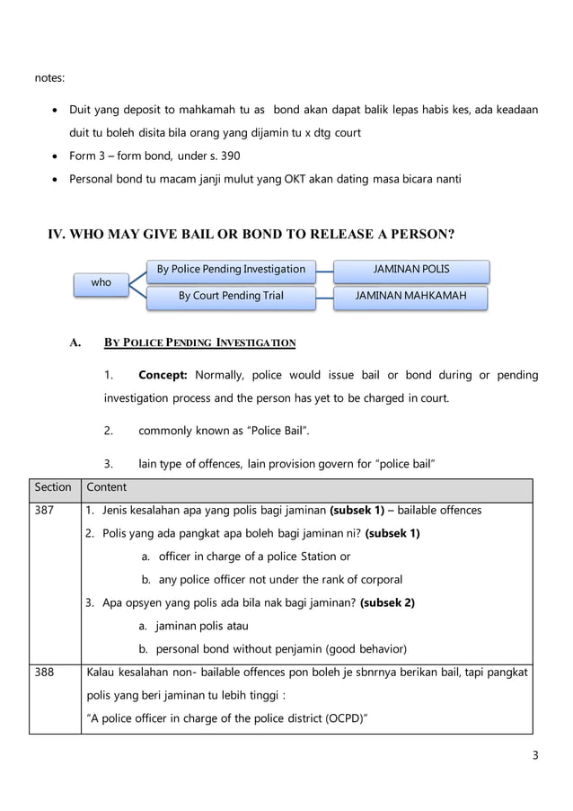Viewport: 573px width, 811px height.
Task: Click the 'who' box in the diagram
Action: click(101, 282)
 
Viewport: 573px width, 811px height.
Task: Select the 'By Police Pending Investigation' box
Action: click(231, 269)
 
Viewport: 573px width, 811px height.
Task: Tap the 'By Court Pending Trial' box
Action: click(231, 295)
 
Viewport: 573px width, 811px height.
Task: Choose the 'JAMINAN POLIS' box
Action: click(411, 269)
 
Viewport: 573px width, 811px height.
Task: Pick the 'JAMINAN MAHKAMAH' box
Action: click(411, 295)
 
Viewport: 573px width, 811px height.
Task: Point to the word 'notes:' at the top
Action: click(49, 79)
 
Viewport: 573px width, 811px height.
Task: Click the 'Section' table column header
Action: click(53, 487)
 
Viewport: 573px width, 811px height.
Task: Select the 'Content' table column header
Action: click(106, 487)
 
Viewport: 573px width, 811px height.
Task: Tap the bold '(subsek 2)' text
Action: click(387, 602)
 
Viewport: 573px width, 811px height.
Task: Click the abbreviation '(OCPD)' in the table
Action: click(344, 718)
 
